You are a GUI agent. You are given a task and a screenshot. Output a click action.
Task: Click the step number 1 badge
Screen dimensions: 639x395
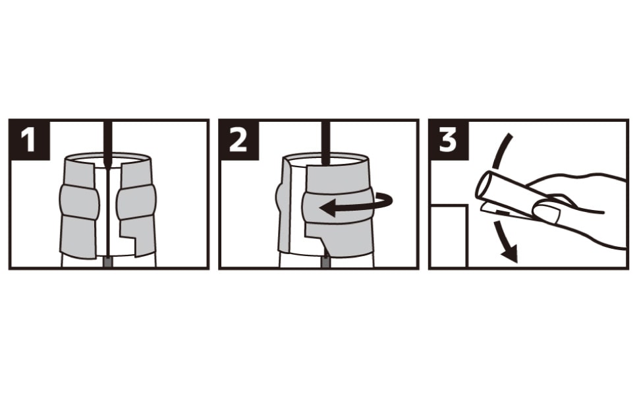[30, 140]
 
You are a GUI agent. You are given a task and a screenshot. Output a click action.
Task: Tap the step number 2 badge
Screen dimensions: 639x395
[239, 140]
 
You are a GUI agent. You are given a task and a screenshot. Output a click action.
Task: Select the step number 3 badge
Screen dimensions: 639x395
[449, 140]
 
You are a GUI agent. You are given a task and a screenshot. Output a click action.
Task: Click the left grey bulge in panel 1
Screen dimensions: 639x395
[79, 201]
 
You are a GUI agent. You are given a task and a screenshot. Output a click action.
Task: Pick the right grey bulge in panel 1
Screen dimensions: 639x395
[136, 201]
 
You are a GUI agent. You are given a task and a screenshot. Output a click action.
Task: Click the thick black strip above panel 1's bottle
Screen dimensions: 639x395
[108, 142]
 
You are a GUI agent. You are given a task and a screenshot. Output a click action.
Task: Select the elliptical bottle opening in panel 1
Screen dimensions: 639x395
[108, 158]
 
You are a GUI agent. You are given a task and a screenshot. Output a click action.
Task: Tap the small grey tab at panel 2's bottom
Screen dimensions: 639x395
[325, 262]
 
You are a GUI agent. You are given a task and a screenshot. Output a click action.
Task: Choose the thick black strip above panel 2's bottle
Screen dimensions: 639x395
[325, 142]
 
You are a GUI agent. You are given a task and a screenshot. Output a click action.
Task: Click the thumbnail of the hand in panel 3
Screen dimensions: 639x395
[547, 212]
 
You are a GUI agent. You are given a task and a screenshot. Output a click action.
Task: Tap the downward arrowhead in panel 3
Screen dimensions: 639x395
[509, 253]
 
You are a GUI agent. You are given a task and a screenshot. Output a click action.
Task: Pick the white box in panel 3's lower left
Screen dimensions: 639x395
[448, 236]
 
